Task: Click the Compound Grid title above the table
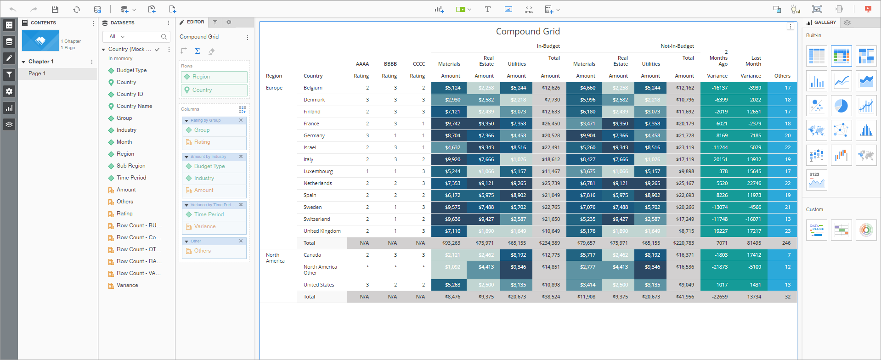point(528,31)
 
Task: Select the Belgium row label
point(313,88)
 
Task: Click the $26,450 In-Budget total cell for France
point(551,124)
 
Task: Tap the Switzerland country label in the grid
point(316,219)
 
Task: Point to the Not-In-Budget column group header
point(677,46)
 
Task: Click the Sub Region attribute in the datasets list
point(131,166)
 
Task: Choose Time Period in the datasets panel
point(131,178)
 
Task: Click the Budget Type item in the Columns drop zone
point(209,166)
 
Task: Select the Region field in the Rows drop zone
point(201,77)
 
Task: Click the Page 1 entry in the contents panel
point(37,73)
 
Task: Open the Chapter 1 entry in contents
point(41,62)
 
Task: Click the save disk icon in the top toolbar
point(55,9)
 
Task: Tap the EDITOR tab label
point(195,22)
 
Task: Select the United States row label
point(319,285)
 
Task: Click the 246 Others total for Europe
point(786,243)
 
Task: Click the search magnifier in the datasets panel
point(164,37)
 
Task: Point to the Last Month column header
point(753,61)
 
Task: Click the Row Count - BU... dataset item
point(139,225)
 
